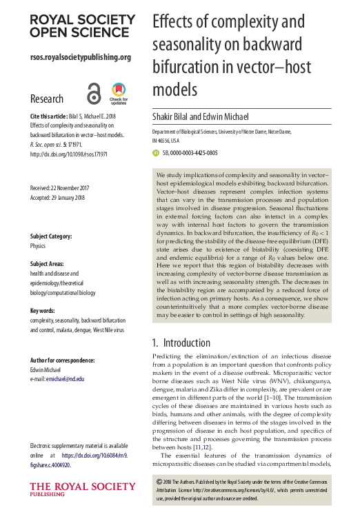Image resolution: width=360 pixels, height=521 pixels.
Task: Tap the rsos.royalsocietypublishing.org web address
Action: coord(81,57)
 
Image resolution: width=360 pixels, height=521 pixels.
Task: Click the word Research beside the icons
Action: coord(47,99)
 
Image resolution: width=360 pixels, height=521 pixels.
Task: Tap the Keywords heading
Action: coord(43,311)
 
